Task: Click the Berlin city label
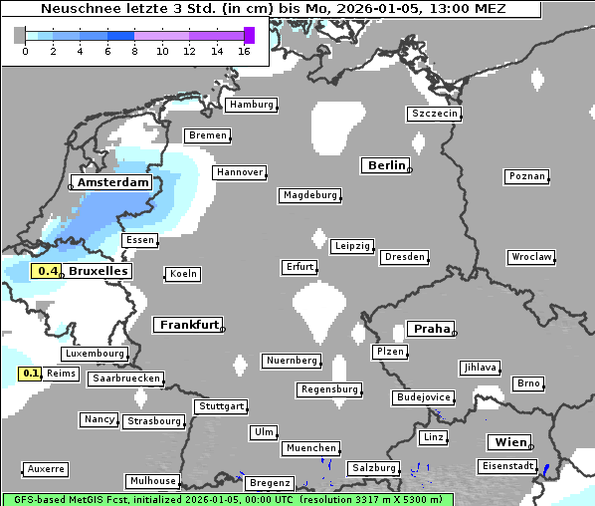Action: tap(386, 165)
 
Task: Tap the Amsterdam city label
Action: tap(113, 183)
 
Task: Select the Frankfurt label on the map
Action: tap(189, 325)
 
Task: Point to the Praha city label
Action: tap(432, 329)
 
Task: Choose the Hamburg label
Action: tap(250, 105)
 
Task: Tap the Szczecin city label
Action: tap(435, 114)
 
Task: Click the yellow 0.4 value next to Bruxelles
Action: tap(48, 271)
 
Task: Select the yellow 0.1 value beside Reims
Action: tap(31, 374)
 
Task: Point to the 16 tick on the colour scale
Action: tap(244, 51)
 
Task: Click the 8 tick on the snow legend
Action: tap(134, 51)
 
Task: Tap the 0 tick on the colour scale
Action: tap(25, 51)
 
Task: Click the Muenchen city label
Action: tap(310, 449)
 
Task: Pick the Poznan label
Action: tap(526, 176)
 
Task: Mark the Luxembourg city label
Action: tap(95, 354)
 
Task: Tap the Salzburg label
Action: tap(373, 468)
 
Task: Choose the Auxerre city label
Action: tap(46, 468)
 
